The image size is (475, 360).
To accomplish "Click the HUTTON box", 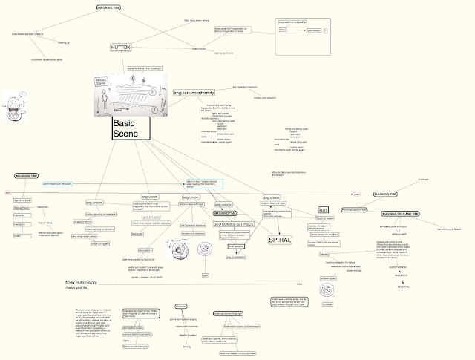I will click(120, 47).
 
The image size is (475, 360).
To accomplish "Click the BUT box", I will click(323, 210).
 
